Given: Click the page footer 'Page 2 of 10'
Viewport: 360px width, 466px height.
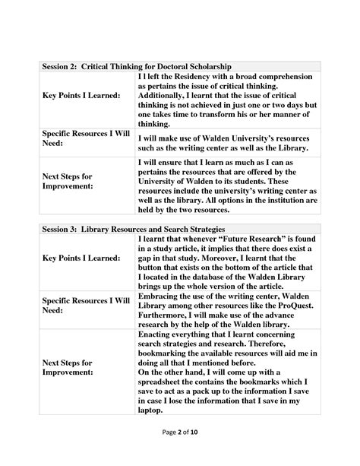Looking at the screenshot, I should click(180, 452).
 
